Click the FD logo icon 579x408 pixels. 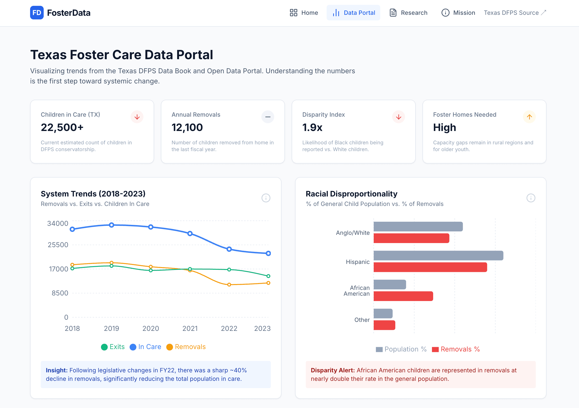pyautogui.click(x=37, y=13)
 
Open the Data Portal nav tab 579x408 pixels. pyautogui.click(x=353, y=13)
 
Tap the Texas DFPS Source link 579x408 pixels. pyautogui.click(x=514, y=13)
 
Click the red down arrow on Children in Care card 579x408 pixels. pyautogui.click(x=137, y=117)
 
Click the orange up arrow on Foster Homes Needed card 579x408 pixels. pyautogui.click(x=529, y=117)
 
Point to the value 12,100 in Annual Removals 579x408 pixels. pyautogui.click(x=187, y=128)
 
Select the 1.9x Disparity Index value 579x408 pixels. pyautogui.click(x=312, y=128)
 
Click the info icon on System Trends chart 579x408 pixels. pyautogui.click(x=266, y=198)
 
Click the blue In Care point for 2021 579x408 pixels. pyautogui.click(x=190, y=234)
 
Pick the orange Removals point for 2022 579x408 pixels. pyautogui.click(x=229, y=285)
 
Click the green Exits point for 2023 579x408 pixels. pyautogui.click(x=268, y=276)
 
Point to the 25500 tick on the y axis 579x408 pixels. pyautogui.click(x=58, y=245)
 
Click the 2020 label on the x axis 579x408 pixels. pyautogui.click(x=150, y=328)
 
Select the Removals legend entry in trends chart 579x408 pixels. pyautogui.click(x=186, y=347)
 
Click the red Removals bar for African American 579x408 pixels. pyautogui.click(x=403, y=296)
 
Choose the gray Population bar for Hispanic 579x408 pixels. pyautogui.click(x=438, y=255)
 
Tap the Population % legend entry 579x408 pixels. pyautogui.click(x=401, y=349)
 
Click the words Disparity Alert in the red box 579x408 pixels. pyautogui.click(x=332, y=370)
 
